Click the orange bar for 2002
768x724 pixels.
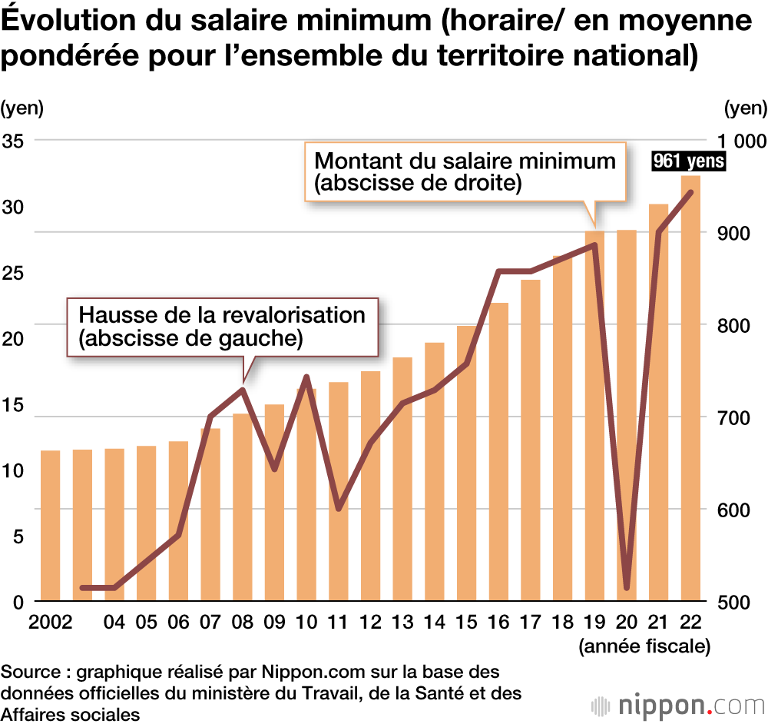[x=50, y=526]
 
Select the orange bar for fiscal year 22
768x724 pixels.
[x=690, y=388]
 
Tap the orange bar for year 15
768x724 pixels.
[x=466, y=463]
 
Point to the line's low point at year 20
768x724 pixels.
[x=627, y=588]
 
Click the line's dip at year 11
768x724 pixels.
[x=339, y=508]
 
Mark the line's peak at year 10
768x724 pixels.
[x=306, y=377]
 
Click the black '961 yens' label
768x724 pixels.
[x=687, y=162]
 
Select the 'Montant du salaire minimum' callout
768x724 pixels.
[x=465, y=171]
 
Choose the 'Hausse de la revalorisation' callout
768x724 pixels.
[x=223, y=327]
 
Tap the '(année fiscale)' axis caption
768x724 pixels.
[x=644, y=646]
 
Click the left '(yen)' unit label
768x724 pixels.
[x=22, y=108]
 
